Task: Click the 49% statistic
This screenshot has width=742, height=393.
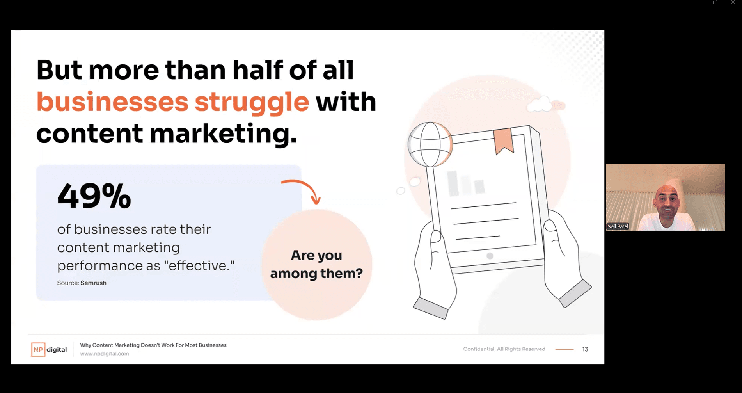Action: coord(94,196)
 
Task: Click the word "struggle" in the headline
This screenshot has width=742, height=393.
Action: coord(252,103)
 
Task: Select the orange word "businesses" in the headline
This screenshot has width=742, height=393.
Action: coord(112,102)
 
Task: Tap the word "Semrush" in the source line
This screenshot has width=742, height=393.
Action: coord(93,283)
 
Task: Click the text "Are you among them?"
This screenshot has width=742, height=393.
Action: coord(316,264)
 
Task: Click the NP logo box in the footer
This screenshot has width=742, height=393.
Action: coord(38,349)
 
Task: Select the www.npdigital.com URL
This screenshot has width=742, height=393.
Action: coord(105,354)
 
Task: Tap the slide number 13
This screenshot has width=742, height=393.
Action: coord(585,349)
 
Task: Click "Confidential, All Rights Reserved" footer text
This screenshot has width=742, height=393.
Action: coord(504,349)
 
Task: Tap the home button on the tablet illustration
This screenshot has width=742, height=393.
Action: coord(490,256)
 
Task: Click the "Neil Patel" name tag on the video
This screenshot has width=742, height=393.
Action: coord(618,226)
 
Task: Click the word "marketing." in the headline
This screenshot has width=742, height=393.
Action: coord(224,133)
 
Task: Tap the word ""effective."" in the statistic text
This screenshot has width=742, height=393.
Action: coord(199,265)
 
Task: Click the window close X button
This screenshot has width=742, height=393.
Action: coord(733,2)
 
